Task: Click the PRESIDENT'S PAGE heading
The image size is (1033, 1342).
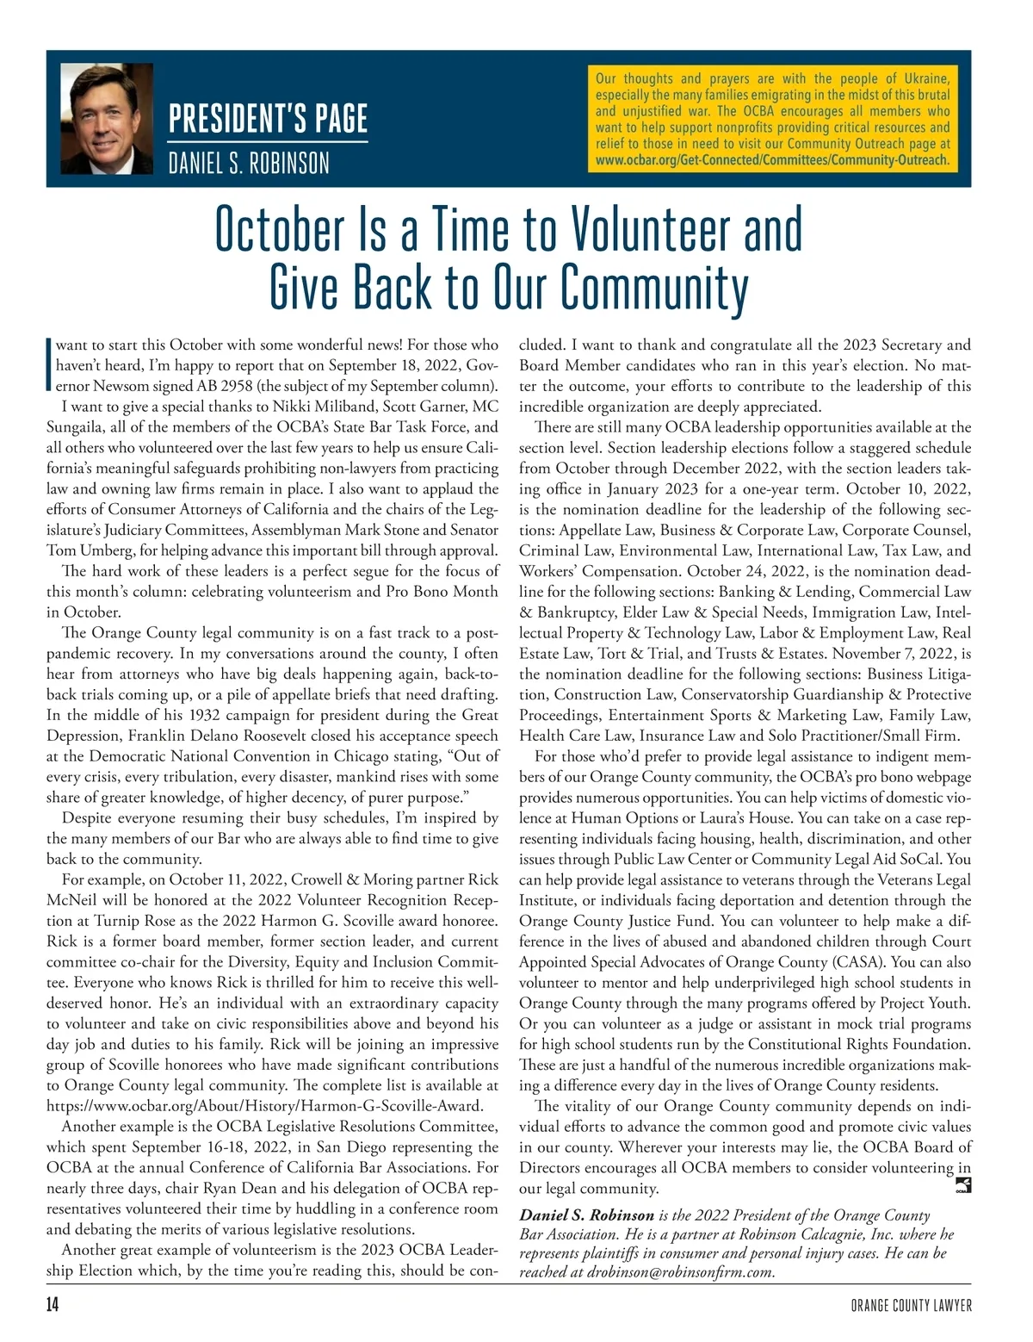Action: click(268, 119)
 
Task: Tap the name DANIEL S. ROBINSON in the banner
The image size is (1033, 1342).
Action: click(249, 163)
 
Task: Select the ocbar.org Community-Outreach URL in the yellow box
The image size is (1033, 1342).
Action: click(772, 160)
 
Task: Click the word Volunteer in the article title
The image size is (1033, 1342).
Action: click(653, 229)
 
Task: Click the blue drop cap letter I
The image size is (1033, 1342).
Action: click(49, 365)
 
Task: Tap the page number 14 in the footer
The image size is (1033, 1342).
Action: click(53, 1305)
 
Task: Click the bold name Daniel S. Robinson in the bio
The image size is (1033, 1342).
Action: click(587, 1215)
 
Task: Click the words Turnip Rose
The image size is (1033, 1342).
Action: click(132, 921)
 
